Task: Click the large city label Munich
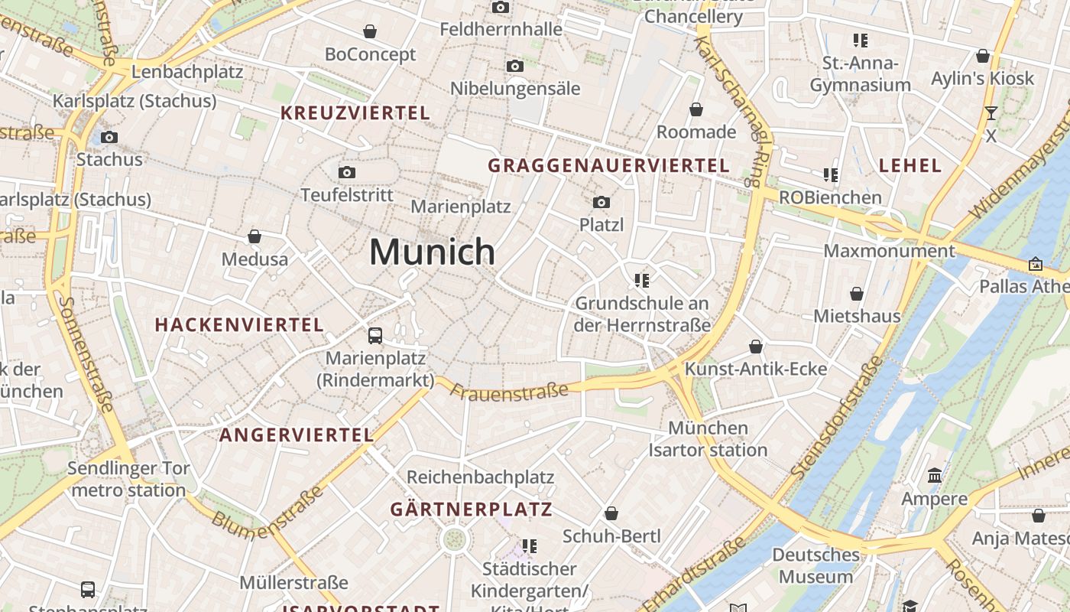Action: coord(433,252)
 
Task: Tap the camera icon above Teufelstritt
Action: coord(347,172)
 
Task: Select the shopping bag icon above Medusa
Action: coord(255,236)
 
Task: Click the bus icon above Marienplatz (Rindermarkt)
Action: coord(375,335)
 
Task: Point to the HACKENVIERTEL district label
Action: coord(239,324)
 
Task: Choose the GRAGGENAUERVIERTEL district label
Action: coord(608,165)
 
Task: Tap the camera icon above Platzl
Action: coord(601,202)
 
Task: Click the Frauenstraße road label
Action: coord(509,392)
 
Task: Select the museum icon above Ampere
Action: coord(934,476)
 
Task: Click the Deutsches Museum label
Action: coord(815,565)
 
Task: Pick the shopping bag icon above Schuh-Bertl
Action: coord(611,513)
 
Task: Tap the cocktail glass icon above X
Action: coord(991,113)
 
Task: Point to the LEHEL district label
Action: coord(910,165)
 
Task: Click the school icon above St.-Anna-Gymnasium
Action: coord(861,40)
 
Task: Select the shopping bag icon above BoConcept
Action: coord(370,31)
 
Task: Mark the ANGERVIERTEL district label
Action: coord(297,435)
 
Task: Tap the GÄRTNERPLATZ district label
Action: coord(471,509)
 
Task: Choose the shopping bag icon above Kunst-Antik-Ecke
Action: coord(756,347)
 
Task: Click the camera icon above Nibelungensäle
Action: coord(515,66)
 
